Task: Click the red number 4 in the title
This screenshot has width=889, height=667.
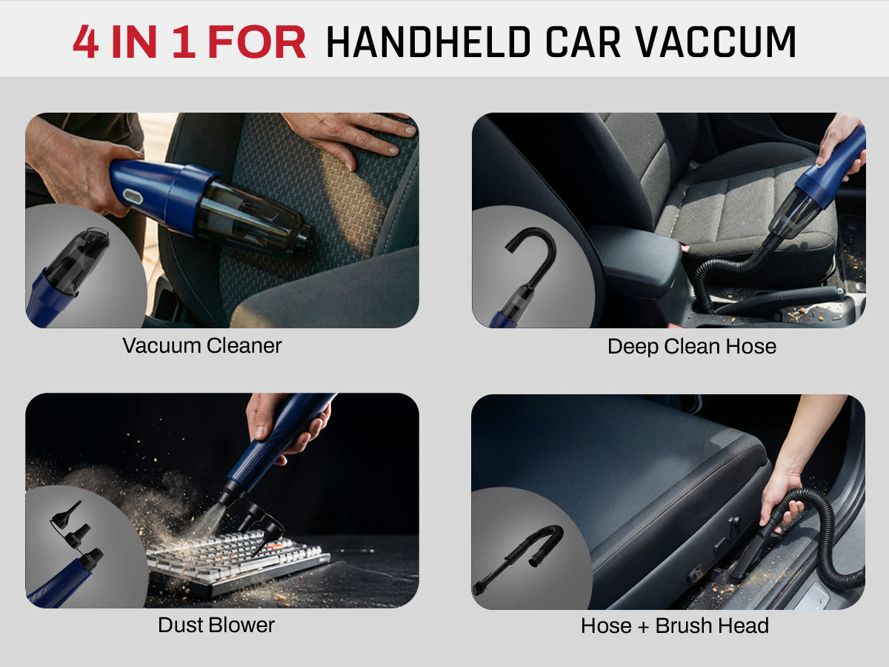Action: [86, 42]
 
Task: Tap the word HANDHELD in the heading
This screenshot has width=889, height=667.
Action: [428, 42]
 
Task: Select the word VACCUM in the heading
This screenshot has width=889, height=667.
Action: [716, 42]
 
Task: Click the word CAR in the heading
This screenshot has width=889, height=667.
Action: [583, 42]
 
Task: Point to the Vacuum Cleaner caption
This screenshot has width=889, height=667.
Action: [202, 346]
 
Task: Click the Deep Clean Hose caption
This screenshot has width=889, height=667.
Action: [692, 347]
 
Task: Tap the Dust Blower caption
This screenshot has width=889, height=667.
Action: [216, 625]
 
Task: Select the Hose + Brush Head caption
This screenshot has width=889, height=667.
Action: [675, 625]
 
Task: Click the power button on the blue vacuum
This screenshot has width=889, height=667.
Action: [132, 196]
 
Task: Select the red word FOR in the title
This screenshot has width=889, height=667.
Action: [257, 42]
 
